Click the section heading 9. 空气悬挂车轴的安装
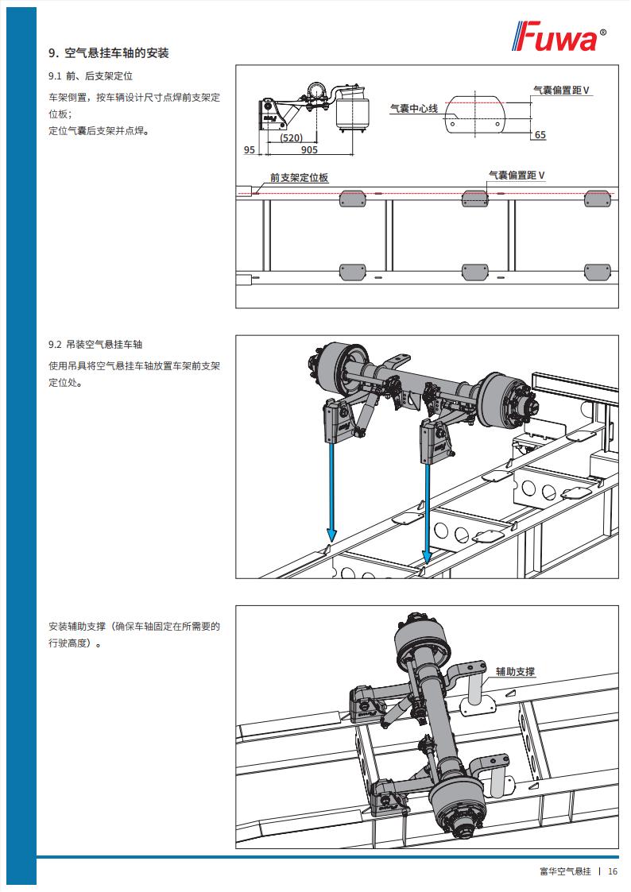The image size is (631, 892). click(x=109, y=54)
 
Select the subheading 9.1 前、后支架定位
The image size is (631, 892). click(x=90, y=77)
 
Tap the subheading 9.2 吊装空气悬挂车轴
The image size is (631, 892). click(x=95, y=345)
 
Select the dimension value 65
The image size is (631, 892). click(x=540, y=135)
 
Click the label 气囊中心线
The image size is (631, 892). click(x=413, y=108)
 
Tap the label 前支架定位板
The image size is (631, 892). click(x=299, y=178)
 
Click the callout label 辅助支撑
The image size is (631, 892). click(x=515, y=671)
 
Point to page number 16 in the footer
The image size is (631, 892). click(x=613, y=871)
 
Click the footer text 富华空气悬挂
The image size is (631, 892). click(x=565, y=871)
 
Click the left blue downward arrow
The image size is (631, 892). click(x=331, y=492)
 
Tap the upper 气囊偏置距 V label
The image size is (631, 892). click(x=561, y=91)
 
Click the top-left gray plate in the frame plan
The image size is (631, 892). click(x=352, y=199)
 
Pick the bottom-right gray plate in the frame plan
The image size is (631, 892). click(x=598, y=272)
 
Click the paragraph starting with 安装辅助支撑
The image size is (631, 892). click(x=134, y=635)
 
